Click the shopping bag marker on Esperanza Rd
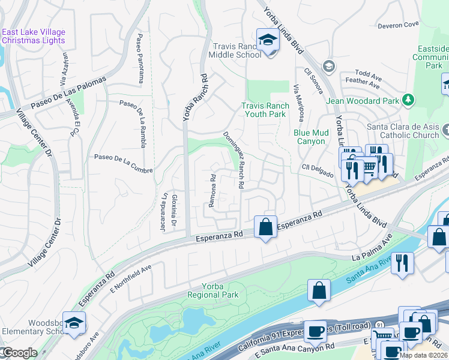tap(265, 227)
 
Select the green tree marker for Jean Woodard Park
tap(408, 99)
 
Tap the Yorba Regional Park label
tap(212, 290)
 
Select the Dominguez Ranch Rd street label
tap(234, 161)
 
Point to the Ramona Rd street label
tap(212, 191)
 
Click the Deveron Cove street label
tap(398, 25)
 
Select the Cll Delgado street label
tap(318, 170)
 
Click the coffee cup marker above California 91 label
tap(315, 331)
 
